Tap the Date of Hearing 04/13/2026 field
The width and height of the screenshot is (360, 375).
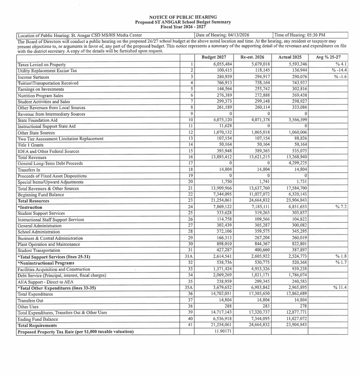[223, 35]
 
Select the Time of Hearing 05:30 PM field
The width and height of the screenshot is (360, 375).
[300, 35]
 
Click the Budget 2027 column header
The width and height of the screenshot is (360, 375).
[214, 58]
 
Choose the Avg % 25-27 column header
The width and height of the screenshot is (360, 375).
[328, 58]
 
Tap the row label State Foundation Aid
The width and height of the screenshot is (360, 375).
[37, 120]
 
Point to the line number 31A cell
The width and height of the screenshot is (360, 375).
[190, 256]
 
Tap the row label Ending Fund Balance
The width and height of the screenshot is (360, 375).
[38, 319]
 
